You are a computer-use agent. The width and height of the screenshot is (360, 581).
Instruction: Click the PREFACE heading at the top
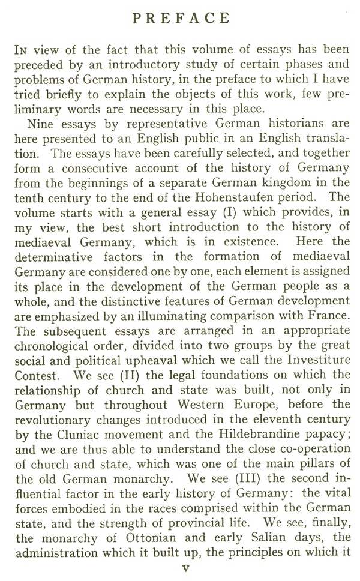click(181, 19)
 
